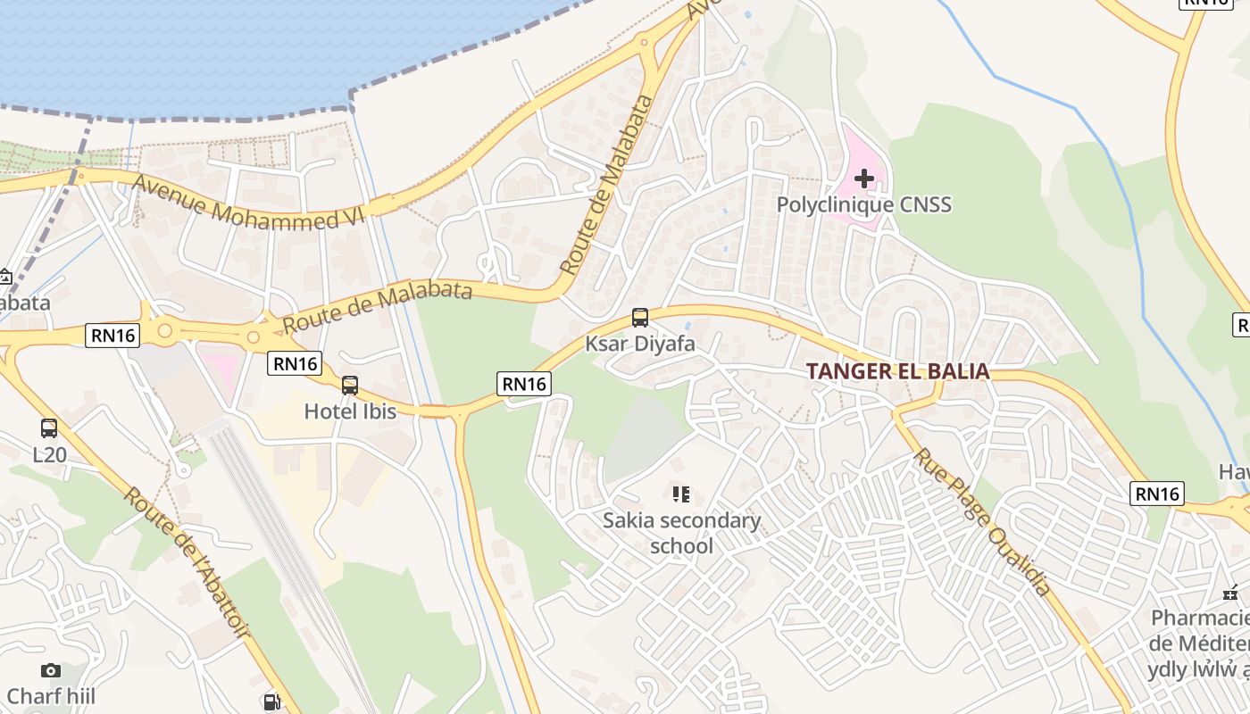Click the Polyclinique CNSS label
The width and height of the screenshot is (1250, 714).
863,204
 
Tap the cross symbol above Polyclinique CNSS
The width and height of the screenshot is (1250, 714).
863,178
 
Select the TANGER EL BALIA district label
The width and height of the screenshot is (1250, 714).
898,371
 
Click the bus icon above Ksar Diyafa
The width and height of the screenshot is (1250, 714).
640,317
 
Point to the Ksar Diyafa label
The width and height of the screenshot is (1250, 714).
640,343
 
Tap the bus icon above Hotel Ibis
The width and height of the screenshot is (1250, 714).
350,386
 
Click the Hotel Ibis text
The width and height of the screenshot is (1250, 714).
349,411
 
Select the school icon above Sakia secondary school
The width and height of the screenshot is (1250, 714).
681,494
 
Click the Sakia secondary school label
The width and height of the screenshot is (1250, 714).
681,533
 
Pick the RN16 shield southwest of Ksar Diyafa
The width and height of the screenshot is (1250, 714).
524,384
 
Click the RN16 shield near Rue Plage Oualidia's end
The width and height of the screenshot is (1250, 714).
1157,494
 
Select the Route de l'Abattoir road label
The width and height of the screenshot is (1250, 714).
187,563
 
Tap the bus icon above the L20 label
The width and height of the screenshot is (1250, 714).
49,428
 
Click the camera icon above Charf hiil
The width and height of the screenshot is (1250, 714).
51,670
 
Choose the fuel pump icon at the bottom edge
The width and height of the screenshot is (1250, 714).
271,702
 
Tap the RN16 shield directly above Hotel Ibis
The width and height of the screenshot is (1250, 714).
295,363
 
